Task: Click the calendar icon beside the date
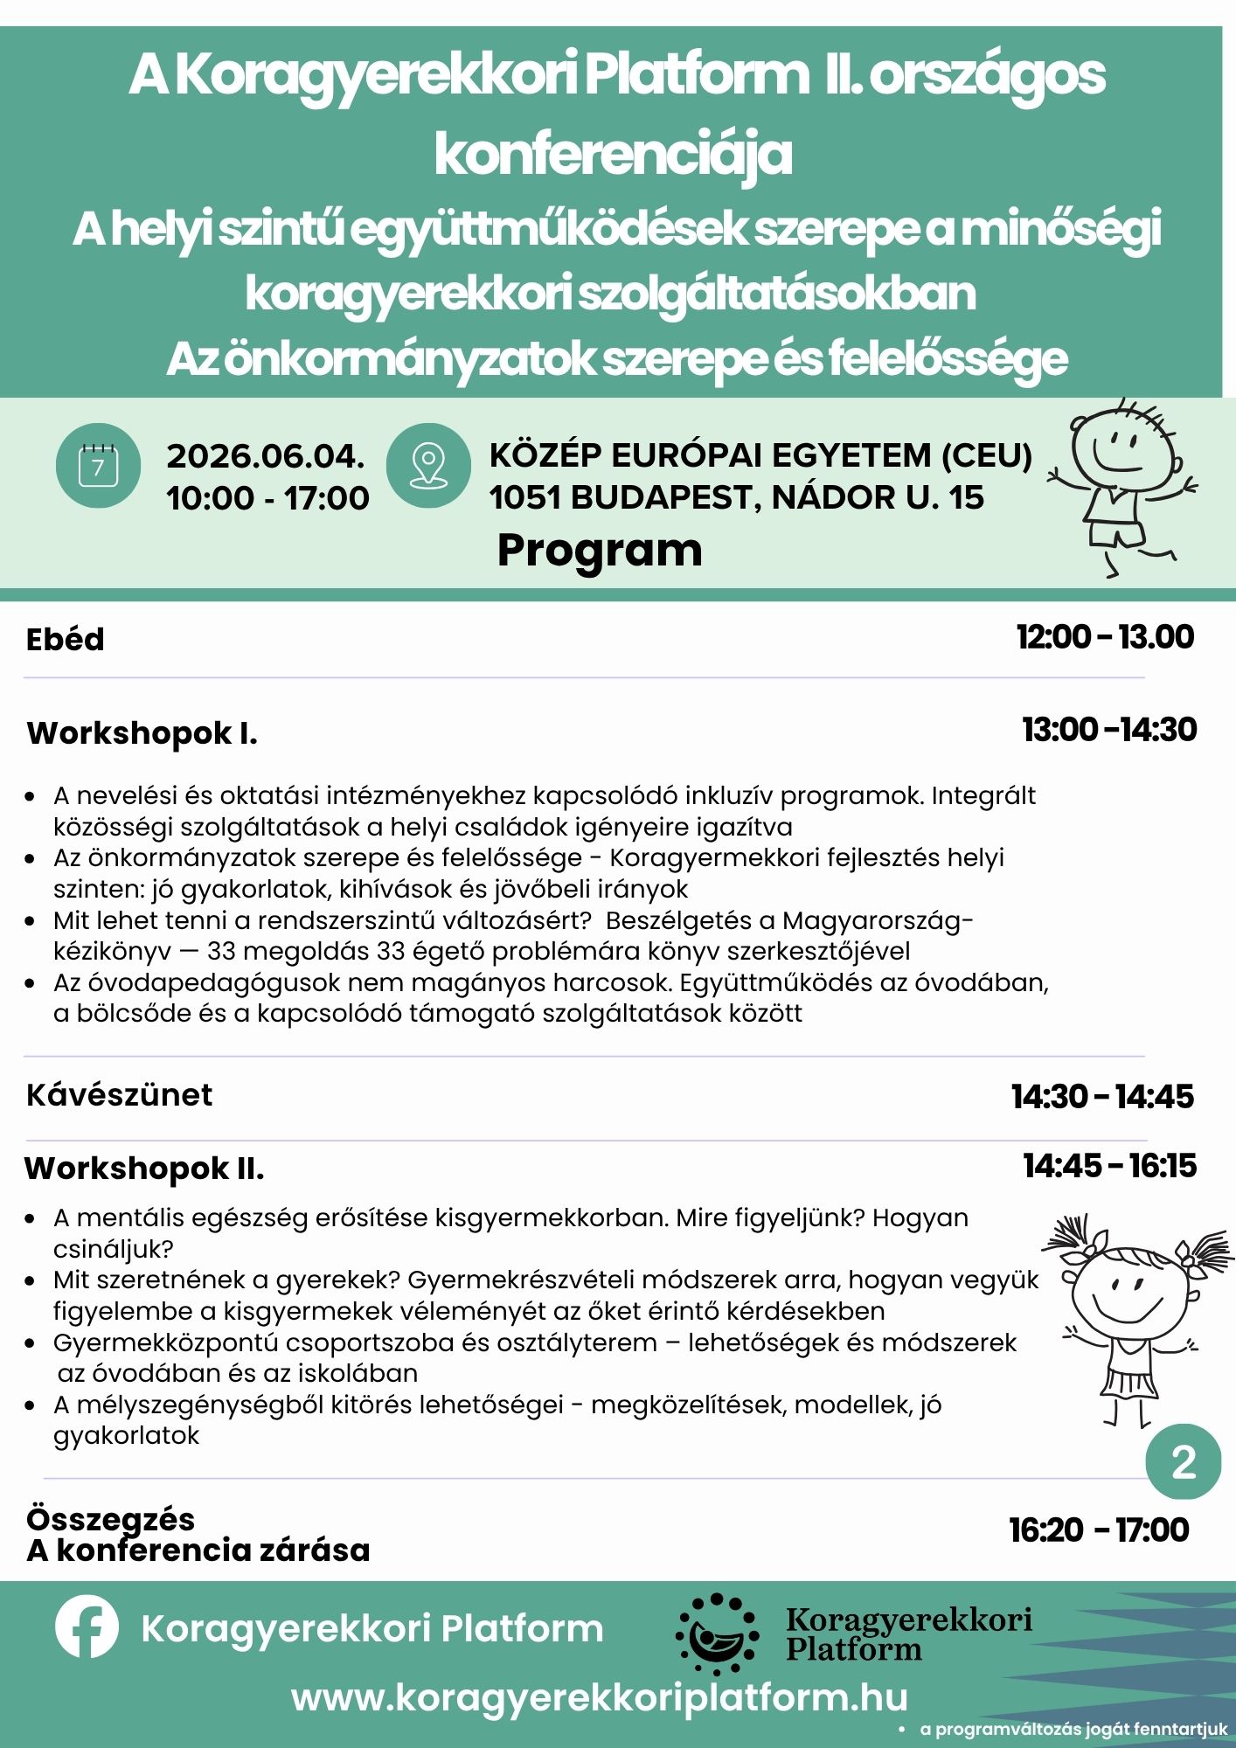(98, 466)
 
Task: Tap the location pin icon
(428, 466)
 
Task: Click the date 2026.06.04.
(266, 456)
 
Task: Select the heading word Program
(600, 551)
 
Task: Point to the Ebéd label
(66, 640)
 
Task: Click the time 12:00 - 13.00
(1105, 637)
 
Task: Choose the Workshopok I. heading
(142, 733)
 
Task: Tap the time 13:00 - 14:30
(1109, 730)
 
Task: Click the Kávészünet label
(120, 1095)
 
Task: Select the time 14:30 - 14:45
(1103, 1097)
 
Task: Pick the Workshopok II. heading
(144, 1169)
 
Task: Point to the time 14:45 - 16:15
(1109, 1166)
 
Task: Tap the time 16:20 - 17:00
(1099, 1530)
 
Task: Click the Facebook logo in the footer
(87, 1627)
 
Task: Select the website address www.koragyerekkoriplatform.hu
(600, 1697)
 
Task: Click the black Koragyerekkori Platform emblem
(717, 1628)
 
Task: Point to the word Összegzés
(111, 1519)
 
